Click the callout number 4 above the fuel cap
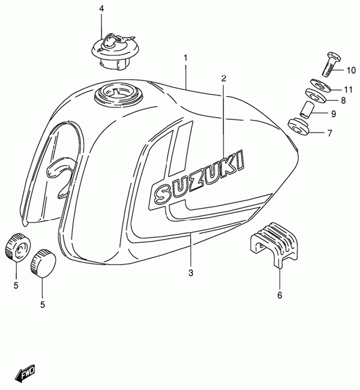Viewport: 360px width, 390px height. (x=101, y=9)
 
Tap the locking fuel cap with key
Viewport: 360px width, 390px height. (x=113, y=52)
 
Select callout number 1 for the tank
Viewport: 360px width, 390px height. (x=185, y=58)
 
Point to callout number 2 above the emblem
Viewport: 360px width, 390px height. (x=224, y=79)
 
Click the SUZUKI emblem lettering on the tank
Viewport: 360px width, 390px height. (x=199, y=177)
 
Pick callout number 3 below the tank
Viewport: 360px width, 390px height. (x=191, y=273)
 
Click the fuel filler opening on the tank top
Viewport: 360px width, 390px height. (x=118, y=95)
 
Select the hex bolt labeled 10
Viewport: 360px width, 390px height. (x=332, y=64)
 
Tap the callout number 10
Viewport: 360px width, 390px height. (x=351, y=70)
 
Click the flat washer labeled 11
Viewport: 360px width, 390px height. (x=321, y=85)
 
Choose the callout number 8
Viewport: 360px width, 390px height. (x=343, y=100)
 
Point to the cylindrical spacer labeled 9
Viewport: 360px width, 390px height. (x=307, y=109)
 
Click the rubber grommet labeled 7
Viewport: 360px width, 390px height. (x=298, y=127)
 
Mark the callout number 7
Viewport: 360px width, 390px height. (x=330, y=134)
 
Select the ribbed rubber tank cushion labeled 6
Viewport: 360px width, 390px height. (x=274, y=245)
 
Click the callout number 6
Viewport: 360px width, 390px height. (x=280, y=295)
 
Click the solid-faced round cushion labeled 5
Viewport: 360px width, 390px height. (x=43, y=263)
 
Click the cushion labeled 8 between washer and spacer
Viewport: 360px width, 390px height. (x=316, y=95)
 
